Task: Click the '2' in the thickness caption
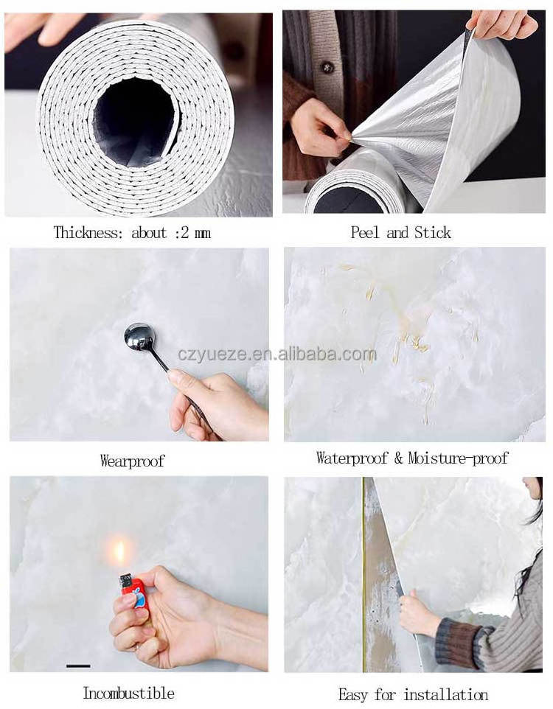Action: [184, 233]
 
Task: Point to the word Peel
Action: [366, 232]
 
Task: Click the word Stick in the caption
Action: [433, 232]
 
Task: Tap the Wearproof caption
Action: [132, 461]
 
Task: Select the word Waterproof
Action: [352, 458]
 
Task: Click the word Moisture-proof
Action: [458, 458]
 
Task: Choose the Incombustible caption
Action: [128, 693]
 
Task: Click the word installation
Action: [446, 694]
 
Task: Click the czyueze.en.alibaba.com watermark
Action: [277, 354]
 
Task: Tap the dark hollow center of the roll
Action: [133, 120]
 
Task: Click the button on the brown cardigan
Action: [327, 67]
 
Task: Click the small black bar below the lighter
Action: [78, 666]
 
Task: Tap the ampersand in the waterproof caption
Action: [398, 458]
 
